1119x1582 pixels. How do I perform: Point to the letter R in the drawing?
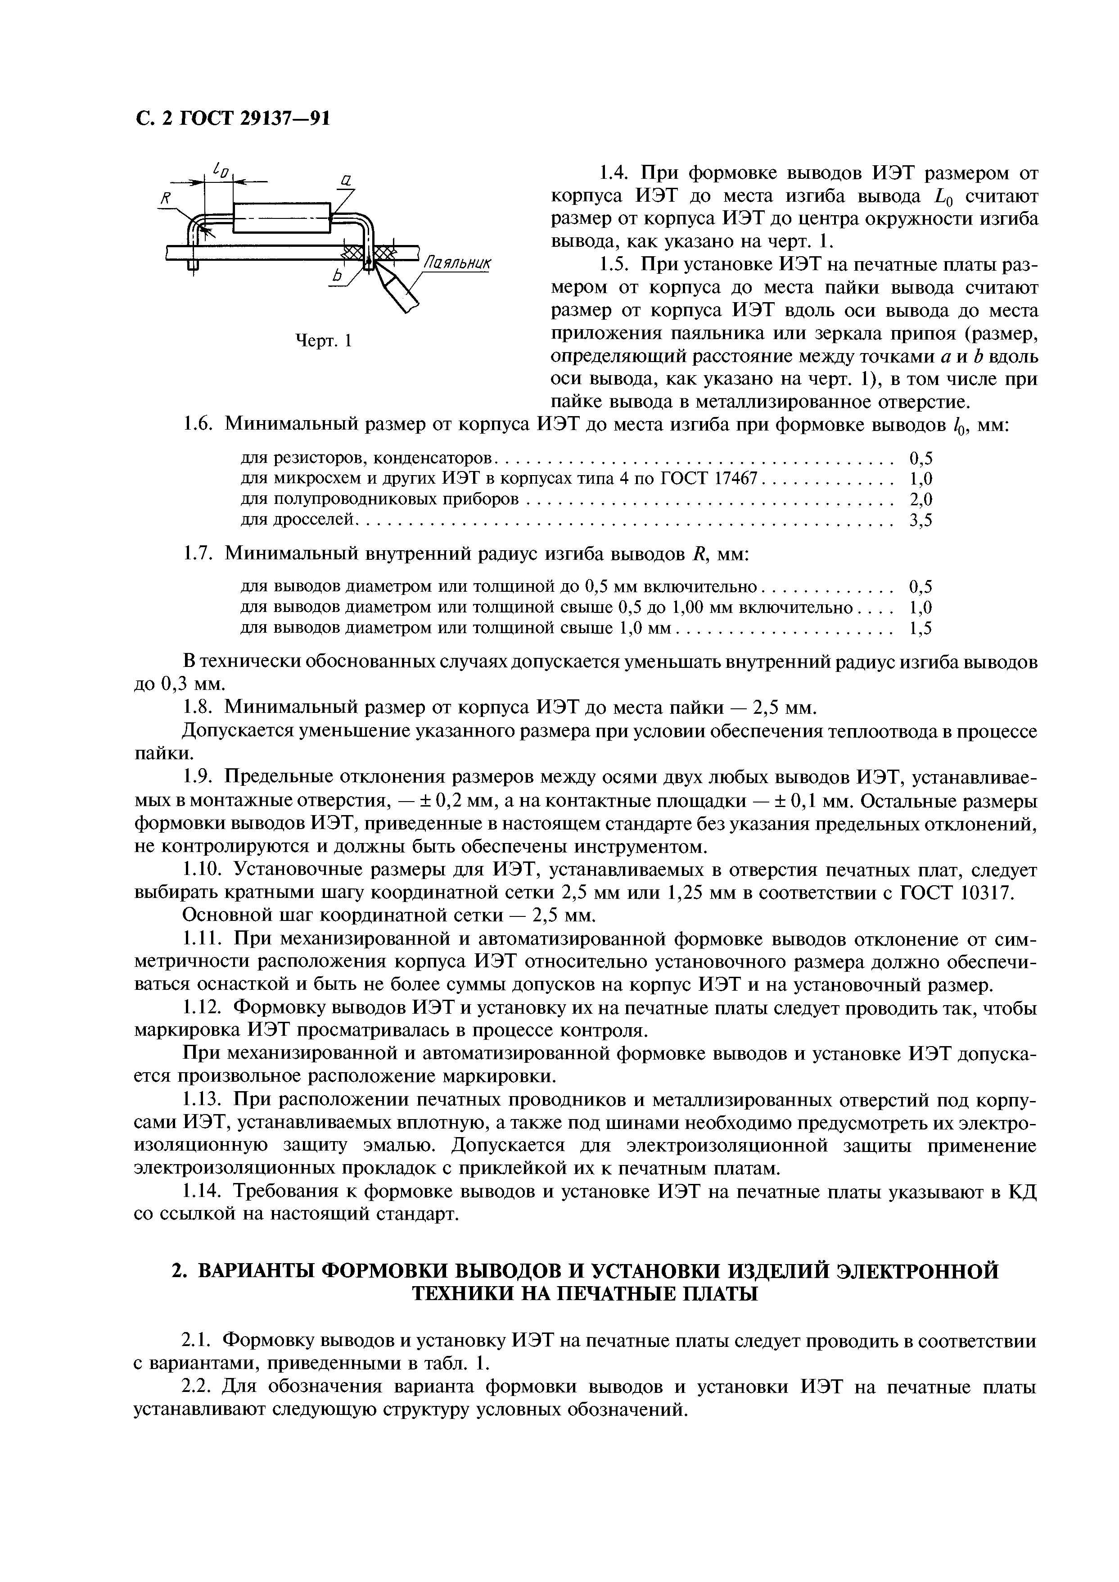click(165, 199)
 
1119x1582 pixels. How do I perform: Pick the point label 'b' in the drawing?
click(337, 276)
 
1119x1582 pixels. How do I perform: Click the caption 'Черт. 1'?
click(323, 340)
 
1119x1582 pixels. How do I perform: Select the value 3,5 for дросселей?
click(920, 521)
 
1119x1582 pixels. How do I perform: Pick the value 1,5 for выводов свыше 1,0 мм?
click(920, 629)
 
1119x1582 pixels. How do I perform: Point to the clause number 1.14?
click(203, 1191)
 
